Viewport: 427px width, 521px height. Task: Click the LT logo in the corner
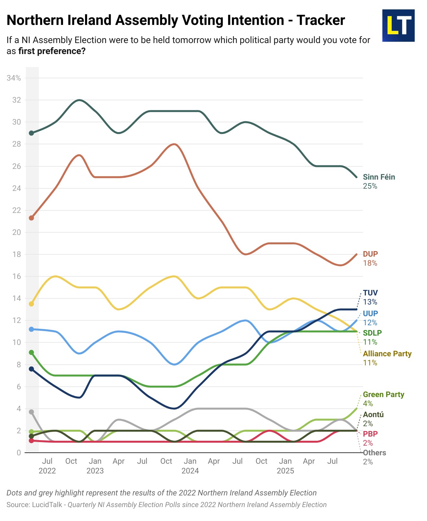(x=398, y=26)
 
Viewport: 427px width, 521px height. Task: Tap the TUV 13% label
(x=370, y=297)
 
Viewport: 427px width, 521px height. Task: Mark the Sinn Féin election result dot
(x=31, y=133)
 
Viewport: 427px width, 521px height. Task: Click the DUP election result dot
(x=31, y=218)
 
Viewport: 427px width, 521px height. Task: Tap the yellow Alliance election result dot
(x=31, y=304)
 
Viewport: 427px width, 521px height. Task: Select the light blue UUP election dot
(x=31, y=329)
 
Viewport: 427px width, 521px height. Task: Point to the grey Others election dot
(x=31, y=412)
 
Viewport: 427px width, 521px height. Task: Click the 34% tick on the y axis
(x=14, y=78)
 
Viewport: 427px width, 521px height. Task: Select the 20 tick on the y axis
(x=16, y=232)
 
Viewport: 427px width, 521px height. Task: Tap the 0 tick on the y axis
(x=19, y=453)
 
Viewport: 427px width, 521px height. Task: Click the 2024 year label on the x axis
(x=190, y=471)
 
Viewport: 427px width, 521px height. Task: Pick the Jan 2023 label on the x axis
(x=95, y=466)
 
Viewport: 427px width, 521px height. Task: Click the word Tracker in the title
(x=321, y=20)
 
